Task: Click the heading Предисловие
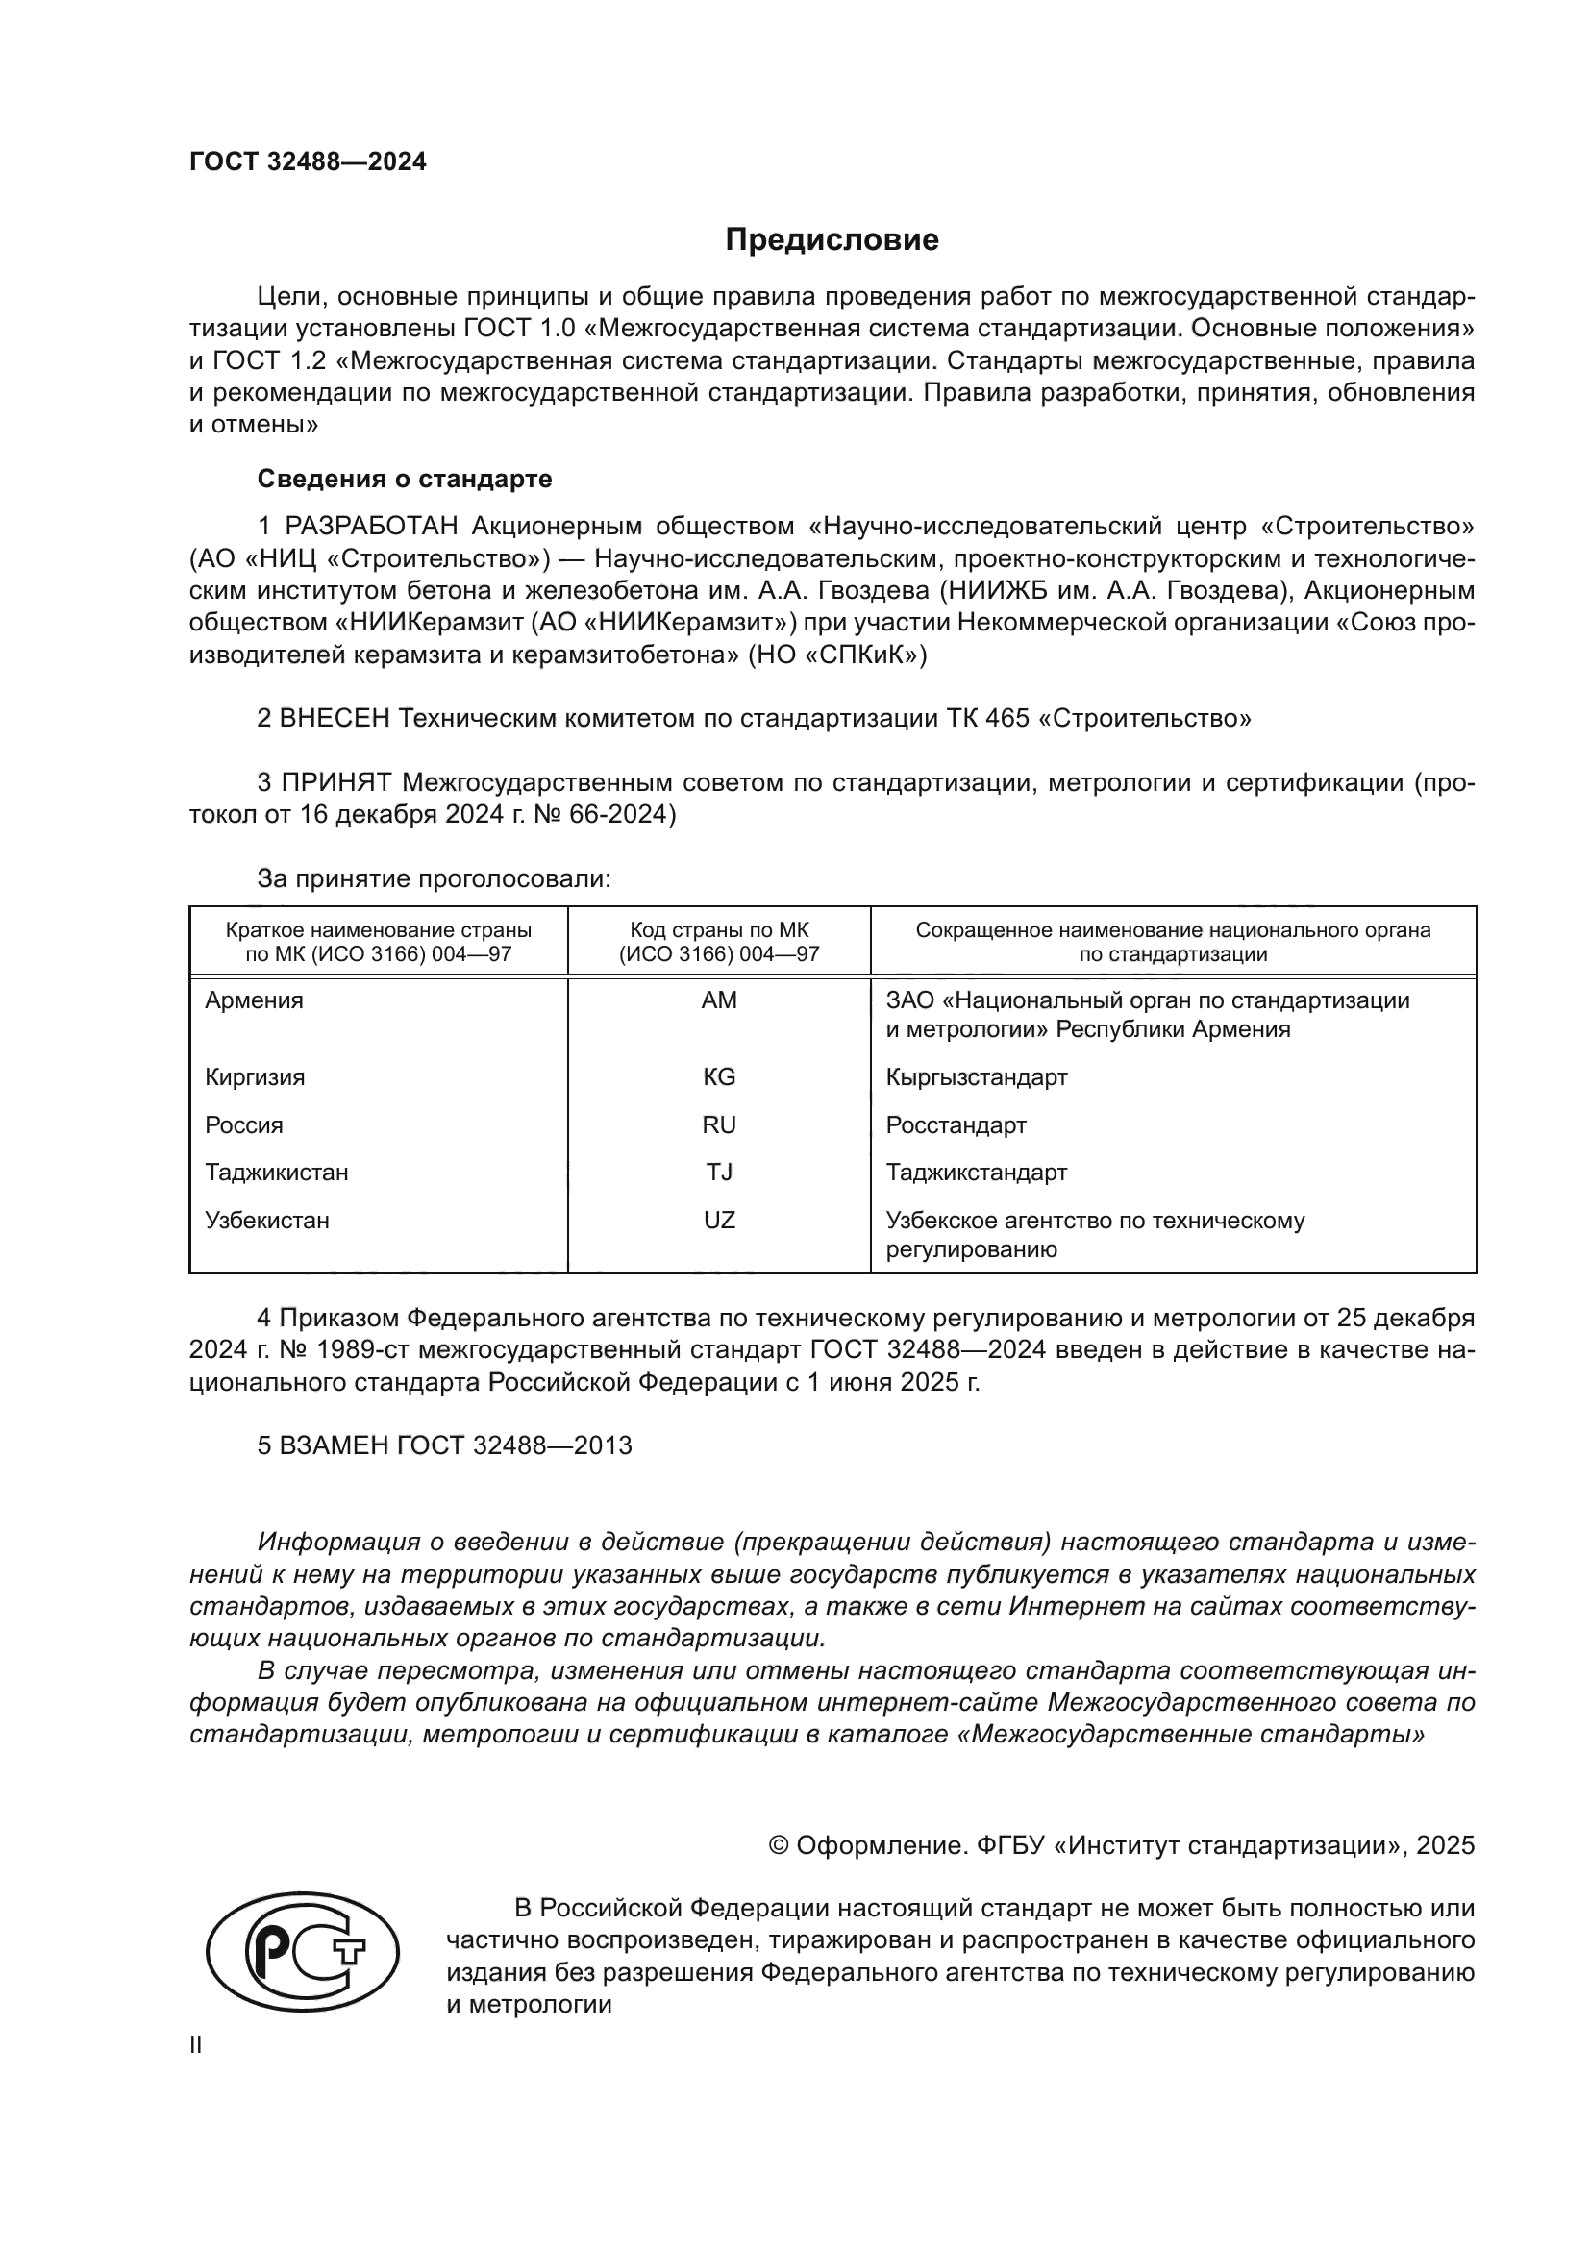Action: click(x=832, y=240)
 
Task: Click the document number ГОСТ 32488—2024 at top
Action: click(x=308, y=161)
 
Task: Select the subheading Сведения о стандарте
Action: click(x=405, y=479)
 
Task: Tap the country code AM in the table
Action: click(x=719, y=1000)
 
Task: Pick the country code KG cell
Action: click(x=719, y=1077)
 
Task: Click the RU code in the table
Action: click(x=719, y=1125)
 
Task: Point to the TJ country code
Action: click(x=719, y=1172)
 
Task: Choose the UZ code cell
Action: click(x=719, y=1220)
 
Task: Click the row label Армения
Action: click(x=254, y=1000)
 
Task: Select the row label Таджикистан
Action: click(x=276, y=1172)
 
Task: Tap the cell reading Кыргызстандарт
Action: click(x=976, y=1077)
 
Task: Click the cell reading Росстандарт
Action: click(x=956, y=1125)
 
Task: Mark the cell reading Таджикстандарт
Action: click(x=976, y=1172)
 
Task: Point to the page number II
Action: click(x=196, y=2044)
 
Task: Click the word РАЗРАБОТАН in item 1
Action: click(x=371, y=527)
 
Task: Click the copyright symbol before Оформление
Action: click(x=779, y=1845)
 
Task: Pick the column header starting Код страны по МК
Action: click(x=719, y=941)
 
